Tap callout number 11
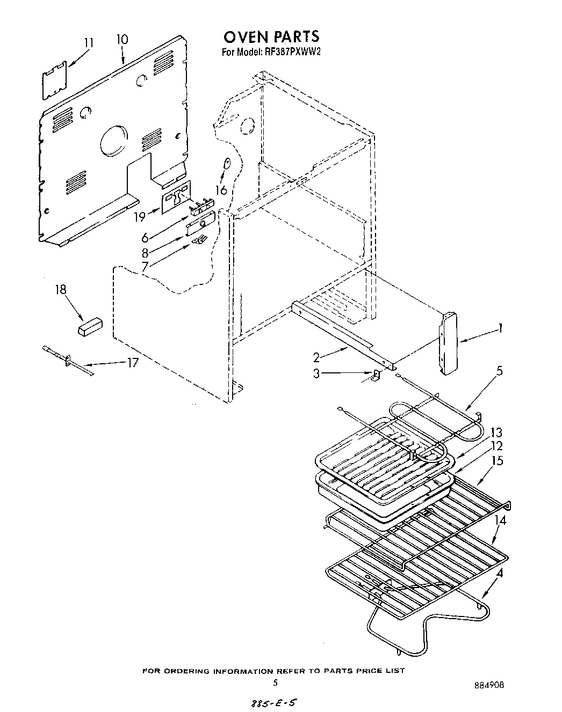(89, 42)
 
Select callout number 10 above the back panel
(122, 39)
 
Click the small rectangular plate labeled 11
(55, 80)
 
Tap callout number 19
(139, 217)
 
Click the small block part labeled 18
(90, 326)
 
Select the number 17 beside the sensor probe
(132, 363)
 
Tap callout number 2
(316, 356)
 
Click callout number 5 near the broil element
(500, 371)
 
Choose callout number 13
(496, 432)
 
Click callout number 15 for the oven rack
(498, 460)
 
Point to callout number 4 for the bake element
(499, 572)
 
